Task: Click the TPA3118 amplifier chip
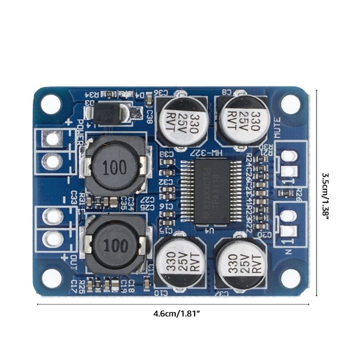206,191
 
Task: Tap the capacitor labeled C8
241,120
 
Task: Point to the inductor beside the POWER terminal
115,167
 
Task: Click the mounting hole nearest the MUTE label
290,103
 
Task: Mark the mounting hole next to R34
51,105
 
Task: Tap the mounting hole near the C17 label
51,278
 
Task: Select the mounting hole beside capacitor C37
290,277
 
